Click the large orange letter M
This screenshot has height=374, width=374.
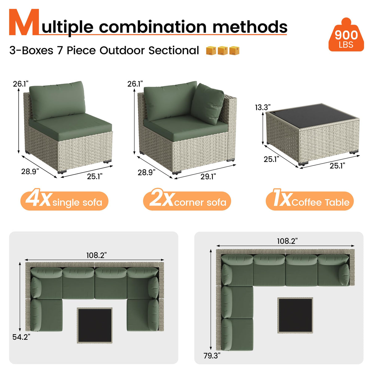24,23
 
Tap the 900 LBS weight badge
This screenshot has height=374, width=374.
346,36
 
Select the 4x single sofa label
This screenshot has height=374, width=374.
64,201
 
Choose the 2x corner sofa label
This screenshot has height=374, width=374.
187,201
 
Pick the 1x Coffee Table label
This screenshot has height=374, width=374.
310,201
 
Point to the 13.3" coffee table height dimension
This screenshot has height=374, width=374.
262,107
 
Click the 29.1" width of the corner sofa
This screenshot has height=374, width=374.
208,177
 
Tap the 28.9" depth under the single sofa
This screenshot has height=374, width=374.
30,171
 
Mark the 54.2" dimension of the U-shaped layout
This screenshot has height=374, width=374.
21,337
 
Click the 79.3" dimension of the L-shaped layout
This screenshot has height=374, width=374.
212,356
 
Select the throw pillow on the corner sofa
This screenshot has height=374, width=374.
207,104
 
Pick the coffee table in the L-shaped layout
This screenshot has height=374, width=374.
295,315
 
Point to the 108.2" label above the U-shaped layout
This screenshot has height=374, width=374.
96,255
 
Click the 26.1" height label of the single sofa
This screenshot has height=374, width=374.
20,84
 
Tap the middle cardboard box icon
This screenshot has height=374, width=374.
222,51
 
